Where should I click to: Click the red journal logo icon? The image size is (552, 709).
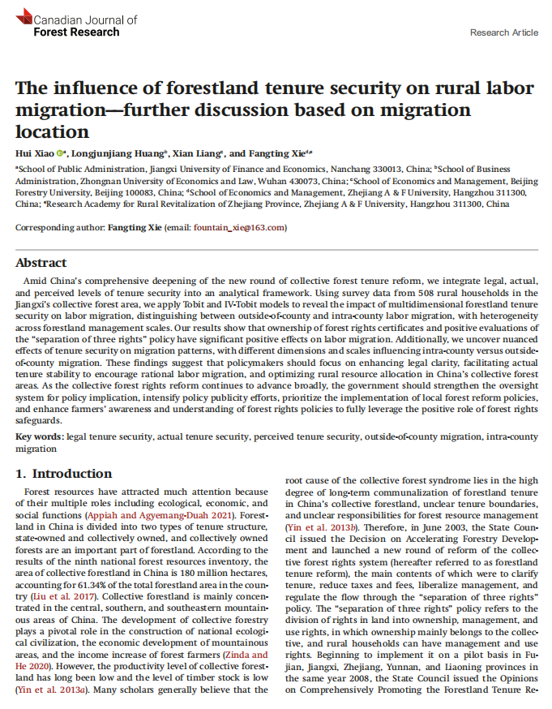point(24,15)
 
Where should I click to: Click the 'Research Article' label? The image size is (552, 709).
point(503,32)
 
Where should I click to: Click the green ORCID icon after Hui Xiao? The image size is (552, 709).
point(61,153)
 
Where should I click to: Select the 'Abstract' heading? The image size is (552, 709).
point(42,263)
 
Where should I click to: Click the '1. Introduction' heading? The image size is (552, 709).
point(66,474)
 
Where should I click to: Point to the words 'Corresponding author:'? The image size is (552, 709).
point(61,227)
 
